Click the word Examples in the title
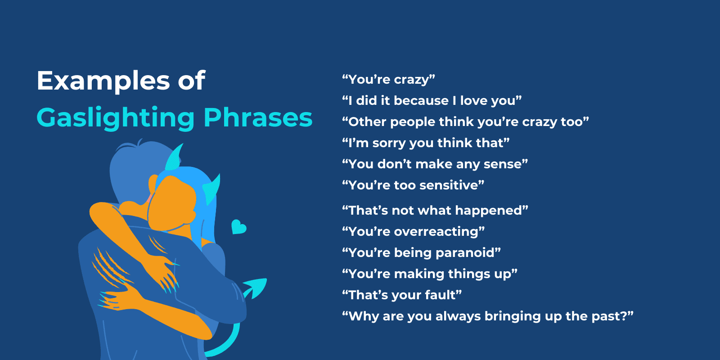pos(103,81)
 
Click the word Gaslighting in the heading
pos(115,118)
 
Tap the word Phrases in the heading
pos(258,118)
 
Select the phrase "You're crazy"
pos(388,80)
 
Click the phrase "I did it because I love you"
pos(432,101)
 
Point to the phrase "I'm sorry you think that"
pos(426,143)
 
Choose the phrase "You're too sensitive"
pos(413,185)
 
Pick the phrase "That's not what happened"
pos(435,211)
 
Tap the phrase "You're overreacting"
pos(413,232)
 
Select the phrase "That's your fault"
pos(402,295)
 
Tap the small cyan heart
pos(238,227)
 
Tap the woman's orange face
pos(173,202)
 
